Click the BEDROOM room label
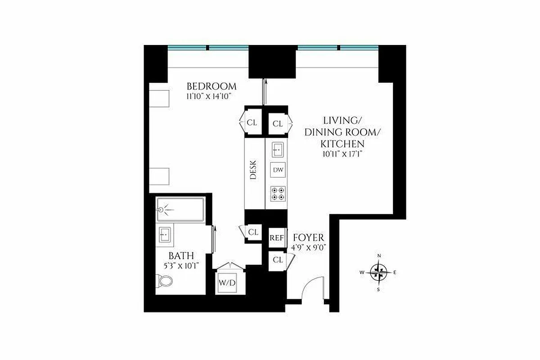211,86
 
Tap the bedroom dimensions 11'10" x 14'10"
211,96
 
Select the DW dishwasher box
278,170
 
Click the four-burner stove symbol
278,193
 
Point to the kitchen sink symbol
278,148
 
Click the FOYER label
308,238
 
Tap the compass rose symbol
379,272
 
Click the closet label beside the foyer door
278,260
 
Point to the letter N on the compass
379,256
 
